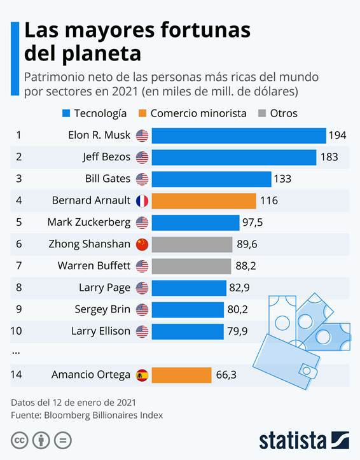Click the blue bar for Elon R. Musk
(239, 135)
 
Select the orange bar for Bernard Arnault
(204, 201)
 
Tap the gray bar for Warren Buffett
(191, 266)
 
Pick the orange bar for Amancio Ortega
(181, 375)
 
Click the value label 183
(329, 157)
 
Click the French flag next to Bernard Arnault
(142, 201)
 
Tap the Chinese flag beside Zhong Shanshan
(142, 244)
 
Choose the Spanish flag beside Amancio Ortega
(142, 375)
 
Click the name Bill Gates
(107, 179)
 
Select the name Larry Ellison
(100, 331)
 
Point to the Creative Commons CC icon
(20, 440)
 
